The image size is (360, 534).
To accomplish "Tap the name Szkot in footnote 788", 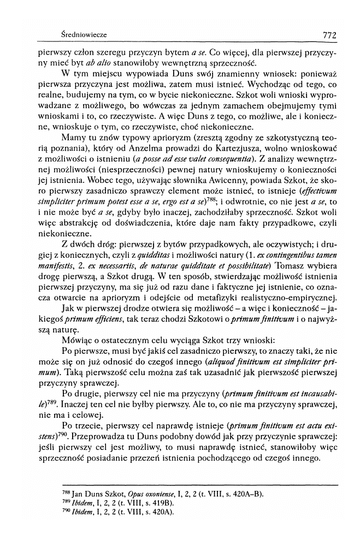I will click(96, 494).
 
